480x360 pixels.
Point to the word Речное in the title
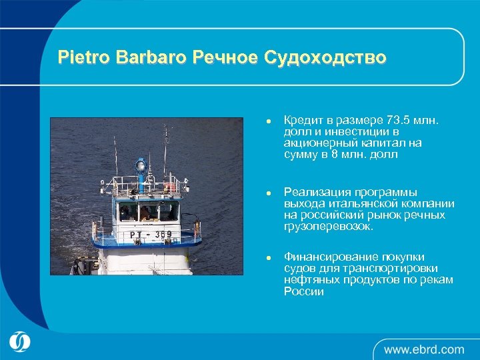(x=225, y=57)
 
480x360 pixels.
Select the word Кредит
(x=303, y=121)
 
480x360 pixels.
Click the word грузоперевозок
(x=329, y=227)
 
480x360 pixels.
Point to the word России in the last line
(x=303, y=291)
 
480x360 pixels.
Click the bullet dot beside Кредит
(x=267, y=122)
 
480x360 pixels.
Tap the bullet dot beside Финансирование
(x=267, y=258)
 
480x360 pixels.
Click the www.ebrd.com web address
(x=424, y=349)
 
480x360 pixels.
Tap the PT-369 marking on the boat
(x=151, y=234)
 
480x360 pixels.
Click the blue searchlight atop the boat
(x=140, y=164)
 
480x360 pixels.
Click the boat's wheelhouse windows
(x=147, y=213)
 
